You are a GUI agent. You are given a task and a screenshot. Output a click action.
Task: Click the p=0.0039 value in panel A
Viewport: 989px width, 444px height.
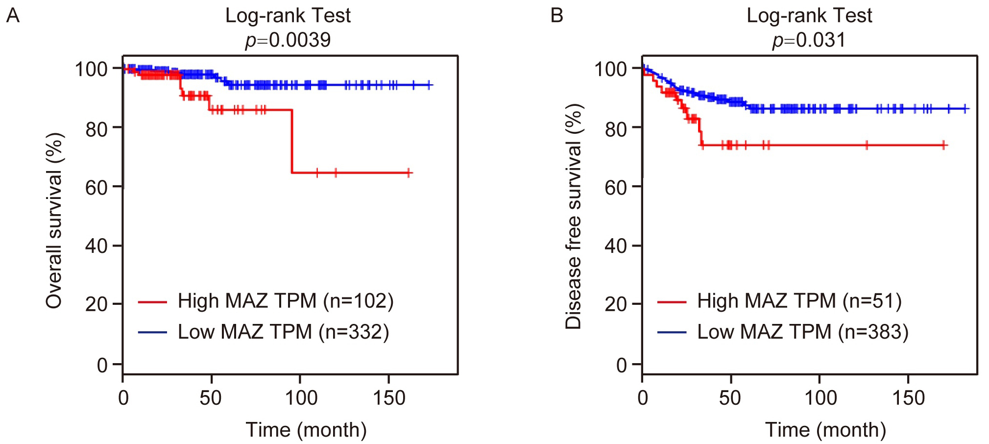tap(288, 40)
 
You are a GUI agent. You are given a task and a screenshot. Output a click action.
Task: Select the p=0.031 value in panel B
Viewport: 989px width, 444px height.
tap(809, 40)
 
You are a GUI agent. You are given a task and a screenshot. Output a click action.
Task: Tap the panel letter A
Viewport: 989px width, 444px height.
tap(13, 16)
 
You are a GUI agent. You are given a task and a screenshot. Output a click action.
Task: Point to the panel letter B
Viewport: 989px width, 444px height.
tap(556, 16)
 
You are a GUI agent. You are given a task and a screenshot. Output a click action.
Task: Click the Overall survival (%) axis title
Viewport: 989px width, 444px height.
tap(54, 221)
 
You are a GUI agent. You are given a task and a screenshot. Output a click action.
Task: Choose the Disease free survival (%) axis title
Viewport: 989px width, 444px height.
tap(573, 216)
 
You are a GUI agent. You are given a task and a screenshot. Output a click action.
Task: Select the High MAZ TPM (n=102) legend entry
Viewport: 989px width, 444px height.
tap(286, 301)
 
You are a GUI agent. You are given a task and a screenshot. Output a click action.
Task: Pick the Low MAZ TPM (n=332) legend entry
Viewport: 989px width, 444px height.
tap(283, 332)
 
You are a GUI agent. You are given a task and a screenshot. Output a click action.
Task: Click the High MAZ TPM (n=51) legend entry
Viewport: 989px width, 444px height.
tap(799, 301)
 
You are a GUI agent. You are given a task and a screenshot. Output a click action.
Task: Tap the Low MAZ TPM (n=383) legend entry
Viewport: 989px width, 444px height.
tap(802, 332)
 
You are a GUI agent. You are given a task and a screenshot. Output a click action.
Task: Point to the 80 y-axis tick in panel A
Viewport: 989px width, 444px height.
tap(96, 129)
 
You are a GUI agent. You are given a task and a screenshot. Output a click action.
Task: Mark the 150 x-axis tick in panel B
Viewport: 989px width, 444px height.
tap(908, 398)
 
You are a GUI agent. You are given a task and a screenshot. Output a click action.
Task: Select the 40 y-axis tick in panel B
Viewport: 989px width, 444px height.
tap(616, 246)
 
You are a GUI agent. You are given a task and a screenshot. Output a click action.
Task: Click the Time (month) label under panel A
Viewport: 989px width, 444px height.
tap(306, 430)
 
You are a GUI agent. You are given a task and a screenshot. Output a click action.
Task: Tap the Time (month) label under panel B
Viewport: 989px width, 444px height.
tap(825, 430)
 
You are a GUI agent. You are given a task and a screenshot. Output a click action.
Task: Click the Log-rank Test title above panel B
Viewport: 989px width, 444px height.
tap(809, 16)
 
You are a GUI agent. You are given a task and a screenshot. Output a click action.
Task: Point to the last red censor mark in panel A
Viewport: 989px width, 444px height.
tap(409, 173)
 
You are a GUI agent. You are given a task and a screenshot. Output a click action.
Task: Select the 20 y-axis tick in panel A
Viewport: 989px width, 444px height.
tap(96, 304)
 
